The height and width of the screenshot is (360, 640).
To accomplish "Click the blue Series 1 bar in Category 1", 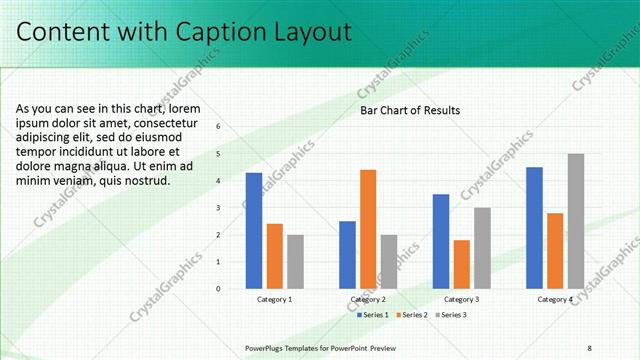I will click(x=254, y=231).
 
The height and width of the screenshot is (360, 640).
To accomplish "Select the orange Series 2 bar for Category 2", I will click(x=368, y=229).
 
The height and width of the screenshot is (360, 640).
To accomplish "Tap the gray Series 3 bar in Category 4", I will click(x=576, y=221).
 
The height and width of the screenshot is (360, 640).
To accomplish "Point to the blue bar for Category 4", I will click(x=534, y=228).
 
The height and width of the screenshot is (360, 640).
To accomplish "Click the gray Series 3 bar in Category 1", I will click(x=295, y=261).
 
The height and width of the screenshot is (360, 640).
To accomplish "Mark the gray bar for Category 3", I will click(x=482, y=248).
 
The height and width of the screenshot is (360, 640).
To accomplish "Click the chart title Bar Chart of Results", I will click(x=410, y=110).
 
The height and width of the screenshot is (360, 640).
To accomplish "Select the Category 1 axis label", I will click(x=274, y=299).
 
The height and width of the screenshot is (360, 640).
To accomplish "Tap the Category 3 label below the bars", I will click(x=461, y=299).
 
